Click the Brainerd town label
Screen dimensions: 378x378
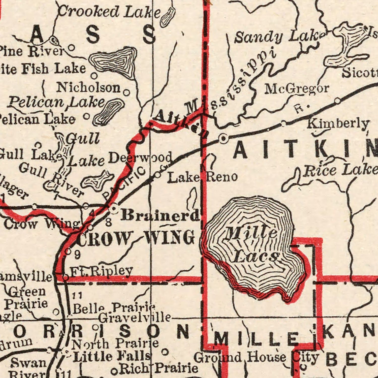160,216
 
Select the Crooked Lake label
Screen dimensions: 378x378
109,12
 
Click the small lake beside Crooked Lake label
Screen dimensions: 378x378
168,17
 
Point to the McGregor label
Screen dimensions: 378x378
297,89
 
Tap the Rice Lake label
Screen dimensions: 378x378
340,170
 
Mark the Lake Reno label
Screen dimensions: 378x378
203,177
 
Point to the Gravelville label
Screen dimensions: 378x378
134,318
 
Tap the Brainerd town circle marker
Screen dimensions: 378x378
114,208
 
